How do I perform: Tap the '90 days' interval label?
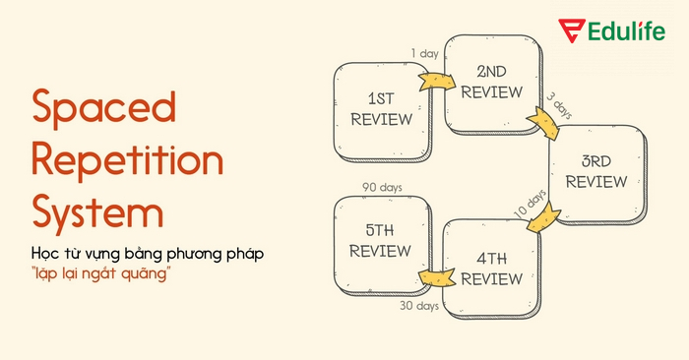381,187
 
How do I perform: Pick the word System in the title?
97,210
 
